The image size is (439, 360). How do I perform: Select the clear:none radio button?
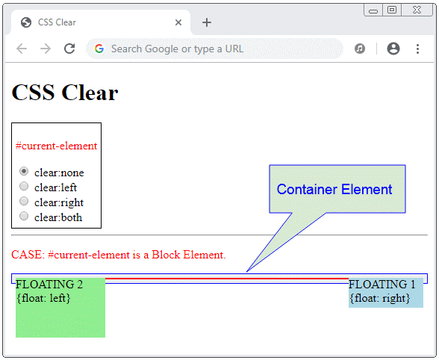pos(24,171)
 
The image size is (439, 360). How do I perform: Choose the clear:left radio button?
pos(24,186)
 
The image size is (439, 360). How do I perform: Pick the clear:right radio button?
pos(24,201)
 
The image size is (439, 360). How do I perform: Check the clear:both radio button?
pos(24,216)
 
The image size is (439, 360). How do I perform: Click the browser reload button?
pos(69,49)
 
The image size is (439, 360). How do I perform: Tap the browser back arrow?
pos(22,49)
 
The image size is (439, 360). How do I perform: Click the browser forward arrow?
pos(46,49)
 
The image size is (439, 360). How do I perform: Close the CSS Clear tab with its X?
pos(178,22)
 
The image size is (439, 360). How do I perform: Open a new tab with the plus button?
pos(207,22)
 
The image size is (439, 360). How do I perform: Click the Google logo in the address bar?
pos(99,49)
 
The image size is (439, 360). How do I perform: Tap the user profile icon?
pos(393,49)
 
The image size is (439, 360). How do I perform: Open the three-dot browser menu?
pos(417,49)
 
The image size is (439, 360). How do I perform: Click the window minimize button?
pos(373,11)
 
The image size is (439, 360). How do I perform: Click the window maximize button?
pos(392,10)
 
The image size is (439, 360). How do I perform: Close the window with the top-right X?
pos(417,10)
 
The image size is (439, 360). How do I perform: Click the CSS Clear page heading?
pos(65,92)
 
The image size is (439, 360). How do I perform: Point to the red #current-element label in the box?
pos(56,146)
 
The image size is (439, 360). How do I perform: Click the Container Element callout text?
pos(334,190)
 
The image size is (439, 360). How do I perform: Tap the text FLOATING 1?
pos(382,284)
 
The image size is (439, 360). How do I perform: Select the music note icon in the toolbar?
pos(360,49)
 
